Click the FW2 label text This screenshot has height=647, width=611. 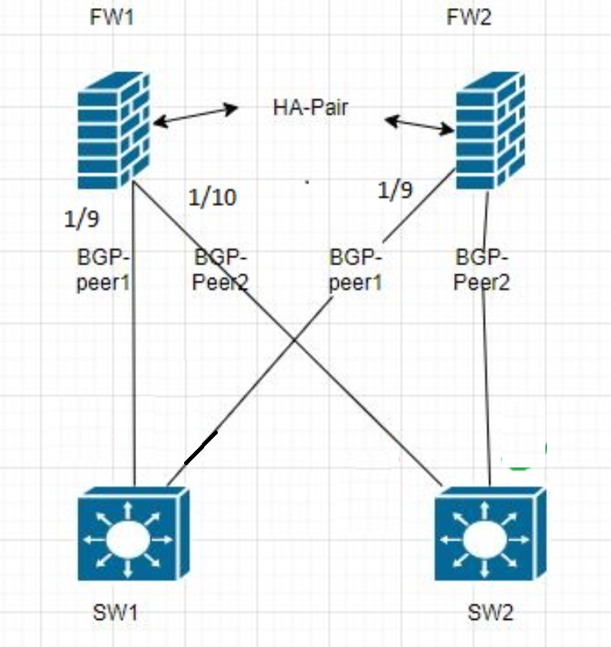coord(467,18)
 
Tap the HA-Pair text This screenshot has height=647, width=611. coord(311,107)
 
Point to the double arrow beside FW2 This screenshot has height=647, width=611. coord(419,123)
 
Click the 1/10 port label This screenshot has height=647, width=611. coord(211,197)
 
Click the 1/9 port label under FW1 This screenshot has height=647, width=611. coord(82,217)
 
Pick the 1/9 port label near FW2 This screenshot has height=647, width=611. coord(396,190)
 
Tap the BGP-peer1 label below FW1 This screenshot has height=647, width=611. coord(104,271)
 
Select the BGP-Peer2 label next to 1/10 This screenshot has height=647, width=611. coord(221,271)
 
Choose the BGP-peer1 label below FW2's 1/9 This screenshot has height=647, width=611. coord(356,271)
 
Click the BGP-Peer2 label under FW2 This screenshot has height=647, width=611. coord(484,271)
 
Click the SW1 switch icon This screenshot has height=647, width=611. coord(134,536)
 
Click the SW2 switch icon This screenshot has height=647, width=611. coord(490,536)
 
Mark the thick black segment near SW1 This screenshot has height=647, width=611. coord(200,447)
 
